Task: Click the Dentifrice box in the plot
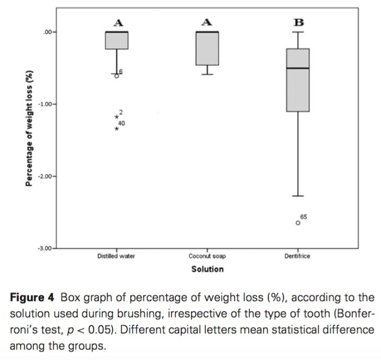[x=298, y=87]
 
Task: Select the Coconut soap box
[x=207, y=49]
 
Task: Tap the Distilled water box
[x=116, y=41]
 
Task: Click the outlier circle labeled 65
[x=298, y=222]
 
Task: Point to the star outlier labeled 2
[x=116, y=117]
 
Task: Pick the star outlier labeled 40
[x=116, y=128]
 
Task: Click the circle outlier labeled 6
[x=116, y=76]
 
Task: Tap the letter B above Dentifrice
[x=298, y=22]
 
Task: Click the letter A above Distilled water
[x=118, y=22]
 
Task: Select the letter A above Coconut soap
[x=207, y=22]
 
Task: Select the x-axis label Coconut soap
[x=207, y=256]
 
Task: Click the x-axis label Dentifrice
[x=298, y=256]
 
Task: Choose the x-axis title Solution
[x=207, y=269]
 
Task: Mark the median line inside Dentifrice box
[x=298, y=68]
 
